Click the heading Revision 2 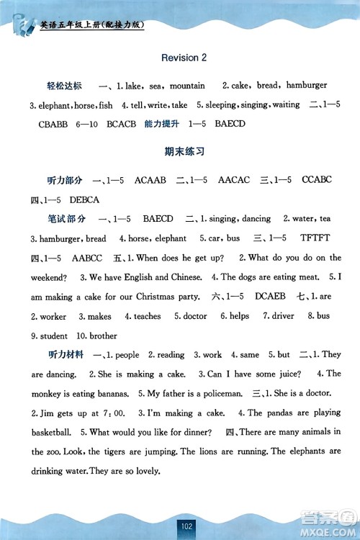pyautogui.click(x=184, y=58)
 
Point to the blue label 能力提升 pyautogui.click(x=162, y=124)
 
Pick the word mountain pyautogui.click(x=187, y=86)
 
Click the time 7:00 pyautogui.click(x=114, y=413)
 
